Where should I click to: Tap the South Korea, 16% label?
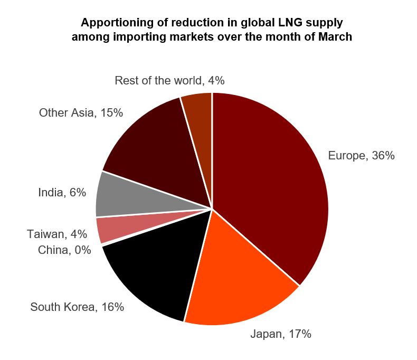coord(77,307)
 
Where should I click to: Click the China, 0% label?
coord(64,250)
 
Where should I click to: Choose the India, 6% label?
coord(62,193)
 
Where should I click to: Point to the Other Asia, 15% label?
coord(81,112)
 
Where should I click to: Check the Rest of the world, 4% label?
coord(169,80)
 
